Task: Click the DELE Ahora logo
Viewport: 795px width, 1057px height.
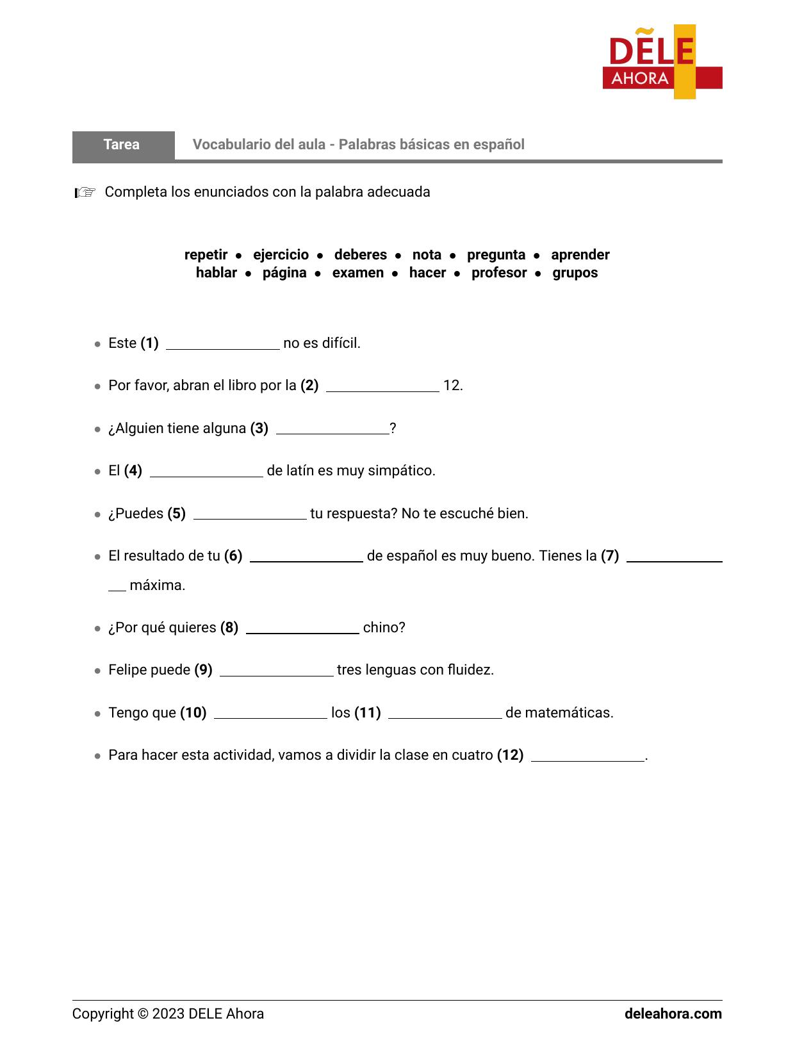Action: click(x=662, y=62)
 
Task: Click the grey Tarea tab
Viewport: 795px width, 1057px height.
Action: click(x=122, y=145)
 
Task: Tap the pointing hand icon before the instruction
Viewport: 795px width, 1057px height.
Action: click(x=85, y=192)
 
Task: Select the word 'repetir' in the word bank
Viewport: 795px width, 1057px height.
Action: click(x=206, y=255)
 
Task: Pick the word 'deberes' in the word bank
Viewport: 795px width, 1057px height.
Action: click(x=360, y=255)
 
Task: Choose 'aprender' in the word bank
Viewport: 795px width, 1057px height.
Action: click(x=580, y=255)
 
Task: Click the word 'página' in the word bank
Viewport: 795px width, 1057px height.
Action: click(x=284, y=273)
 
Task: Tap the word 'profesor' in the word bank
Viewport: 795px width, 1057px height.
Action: click(x=499, y=273)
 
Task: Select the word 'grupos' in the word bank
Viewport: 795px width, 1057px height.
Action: click(x=575, y=273)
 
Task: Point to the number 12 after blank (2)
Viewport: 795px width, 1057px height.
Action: click(x=452, y=386)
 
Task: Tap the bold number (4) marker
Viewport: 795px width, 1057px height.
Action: click(x=133, y=471)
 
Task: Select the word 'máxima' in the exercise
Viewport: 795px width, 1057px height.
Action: click(x=157, y=586)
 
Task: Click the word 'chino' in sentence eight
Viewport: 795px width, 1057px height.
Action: click(x=383, y=628)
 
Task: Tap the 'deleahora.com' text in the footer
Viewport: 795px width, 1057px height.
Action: click(x=673, y=1014)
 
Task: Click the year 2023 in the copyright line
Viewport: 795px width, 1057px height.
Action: click(x=168, y=1014)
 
